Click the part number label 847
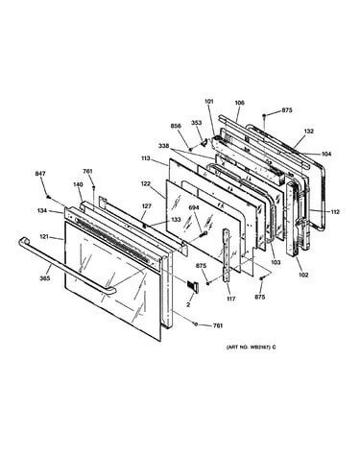(x=40, y=174)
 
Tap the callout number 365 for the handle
(x=44, y=278)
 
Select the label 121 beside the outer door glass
(x=44, y=237)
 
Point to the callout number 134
(x=41, y=210)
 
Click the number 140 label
(x=78, y=184)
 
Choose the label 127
(x=147, y=206)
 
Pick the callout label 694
(x=194, y=207)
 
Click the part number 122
(x=146, y=183)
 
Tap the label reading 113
(x=146, y=158)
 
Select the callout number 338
(x=163, y=146)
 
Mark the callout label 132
(x=309, y=131)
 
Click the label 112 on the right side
(x=335, y=212)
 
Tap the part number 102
(x=303, y=275)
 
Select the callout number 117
(x=231, y=299)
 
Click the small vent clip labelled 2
(x=192, y=285)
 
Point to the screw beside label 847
(x=48, y=197)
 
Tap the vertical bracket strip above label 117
(x=228, y=255)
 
